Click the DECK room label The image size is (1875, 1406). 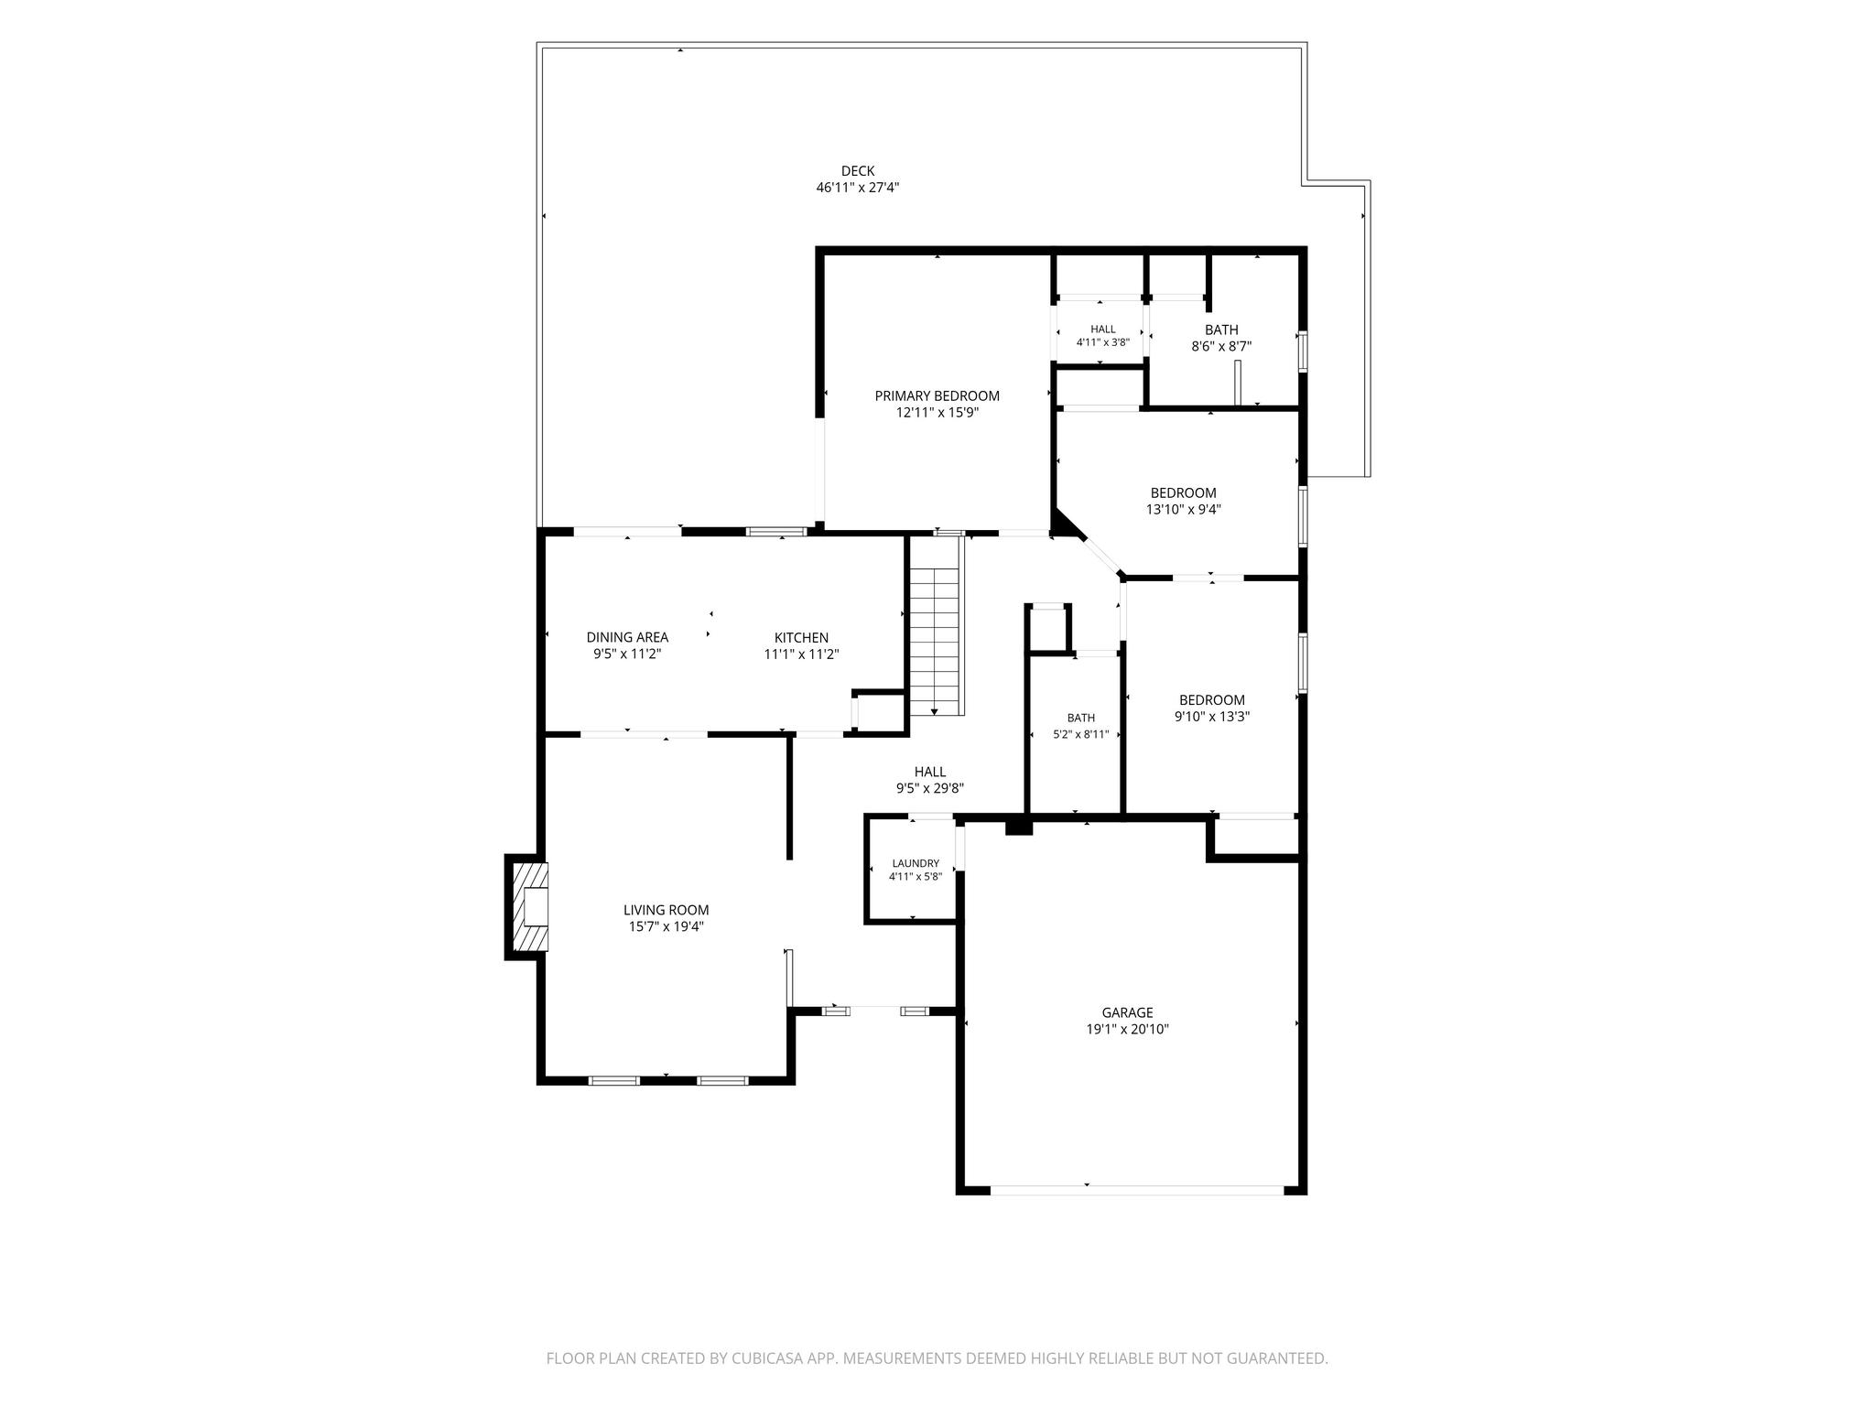click(x=858, y=171)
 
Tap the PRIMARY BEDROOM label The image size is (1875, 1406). click(x=937, y=396)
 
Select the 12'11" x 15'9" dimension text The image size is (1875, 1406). click(x=937, y=413)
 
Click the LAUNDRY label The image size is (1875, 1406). click(x=916, y=863)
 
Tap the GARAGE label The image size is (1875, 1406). click(x=1127, y=1012)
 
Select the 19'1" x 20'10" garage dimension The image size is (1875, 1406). click(x=1127, y=1029)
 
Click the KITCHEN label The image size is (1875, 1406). click(x=801, y=638)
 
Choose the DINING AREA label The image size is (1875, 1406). click(x=627, y=638)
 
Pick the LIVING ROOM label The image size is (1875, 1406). click(x=666, y=911)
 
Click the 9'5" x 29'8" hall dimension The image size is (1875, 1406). click(x=929, y=788)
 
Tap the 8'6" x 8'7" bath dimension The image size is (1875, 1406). click(x=1220, y=347)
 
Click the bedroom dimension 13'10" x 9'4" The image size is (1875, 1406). click(x=1183, y=510)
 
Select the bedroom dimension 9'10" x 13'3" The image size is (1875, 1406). click(x=1212, y=717)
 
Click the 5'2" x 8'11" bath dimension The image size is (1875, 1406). click(x=1080, y=734)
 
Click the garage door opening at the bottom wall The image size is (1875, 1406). click(x=1137, y=1190)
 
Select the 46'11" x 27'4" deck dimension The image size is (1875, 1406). click(x=858, y=188)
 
